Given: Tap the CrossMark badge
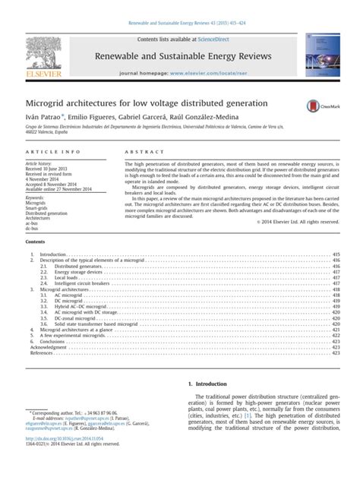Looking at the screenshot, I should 319,106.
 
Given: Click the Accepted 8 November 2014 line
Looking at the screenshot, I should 52,184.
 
